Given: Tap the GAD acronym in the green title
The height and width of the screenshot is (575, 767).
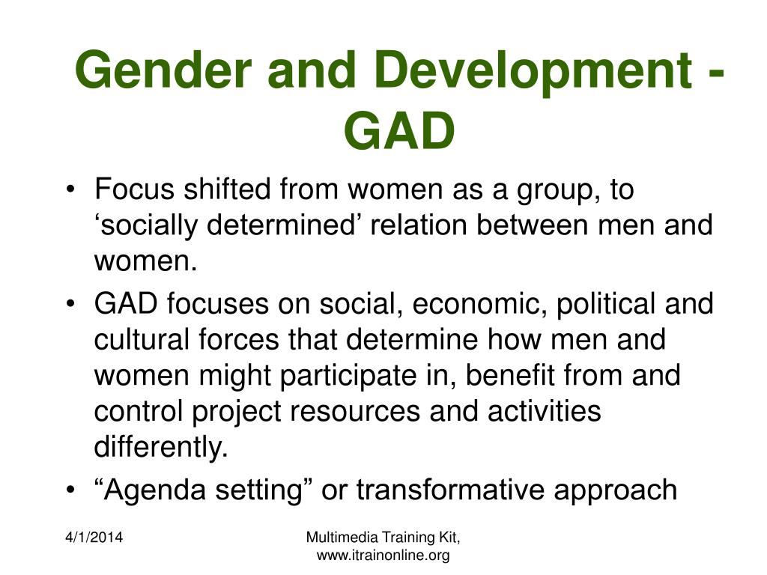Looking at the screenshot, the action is tap(400, 130).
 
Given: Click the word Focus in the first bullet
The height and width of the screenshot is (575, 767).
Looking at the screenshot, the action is tap(135, 189).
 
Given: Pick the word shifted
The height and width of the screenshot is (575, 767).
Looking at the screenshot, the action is tap(227, 189).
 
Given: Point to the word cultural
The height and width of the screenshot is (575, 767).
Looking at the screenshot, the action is tap(142, 339).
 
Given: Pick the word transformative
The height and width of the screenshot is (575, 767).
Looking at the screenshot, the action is tap(450, 490).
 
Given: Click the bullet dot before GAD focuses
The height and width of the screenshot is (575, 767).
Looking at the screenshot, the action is tap(71, 304).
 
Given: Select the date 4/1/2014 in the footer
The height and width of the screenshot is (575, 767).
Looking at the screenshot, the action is tap(94, 538).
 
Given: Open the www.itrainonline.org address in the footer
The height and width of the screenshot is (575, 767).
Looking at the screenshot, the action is tap(383, 556).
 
